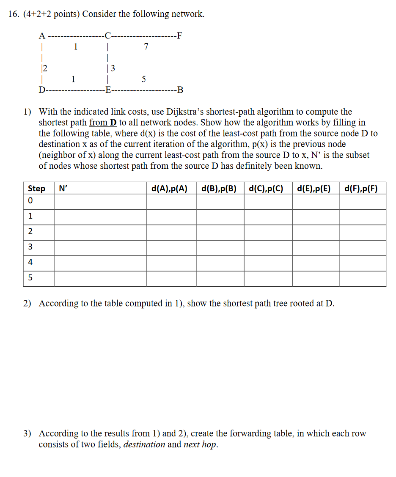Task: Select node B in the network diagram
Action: [x=180, y=90]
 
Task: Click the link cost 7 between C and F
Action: [x=146, y=47]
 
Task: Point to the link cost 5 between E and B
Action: [x=144, y=79]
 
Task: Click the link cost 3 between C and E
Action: [x=113, y=68]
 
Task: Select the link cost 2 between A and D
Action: [x=44, y=68]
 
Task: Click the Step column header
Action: [x=37, y=188]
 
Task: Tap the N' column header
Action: [x=63, y=188]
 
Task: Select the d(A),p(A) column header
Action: [x=169, y=188]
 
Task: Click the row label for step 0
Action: [x=30, y=201]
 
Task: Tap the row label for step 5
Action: [x=30, y=278]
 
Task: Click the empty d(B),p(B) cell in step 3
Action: [x=220, y=248]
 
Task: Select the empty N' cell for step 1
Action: [x=100, y=217]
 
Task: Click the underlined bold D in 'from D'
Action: [x=113, y=123]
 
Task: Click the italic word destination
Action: [x=144, y=444]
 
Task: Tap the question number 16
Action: [x=13, y=14]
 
